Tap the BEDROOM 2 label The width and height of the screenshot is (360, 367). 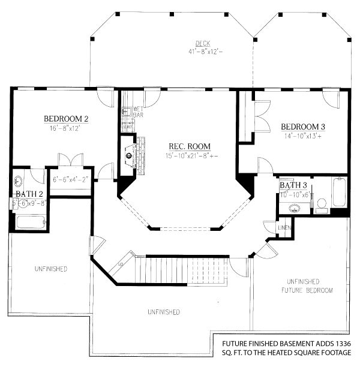pyautogui.click(x=66, y=119)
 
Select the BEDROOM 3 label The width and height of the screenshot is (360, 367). pyautogui.click(x=303, y=127)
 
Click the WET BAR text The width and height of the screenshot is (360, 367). pyautogui.click(x=137, y=111)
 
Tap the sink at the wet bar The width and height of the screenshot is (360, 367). pyautogui.click(x=127, y=112)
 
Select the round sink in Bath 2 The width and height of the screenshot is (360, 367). pyautogui.click(x=19, y=180)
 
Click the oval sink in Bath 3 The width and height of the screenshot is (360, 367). pyautogui.click(x=295, y=208)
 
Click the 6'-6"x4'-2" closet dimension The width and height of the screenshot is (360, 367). pyautogui.click(x=70, y=179)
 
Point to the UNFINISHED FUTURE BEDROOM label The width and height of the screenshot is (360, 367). pyautogui.click(x=310, y=286)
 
